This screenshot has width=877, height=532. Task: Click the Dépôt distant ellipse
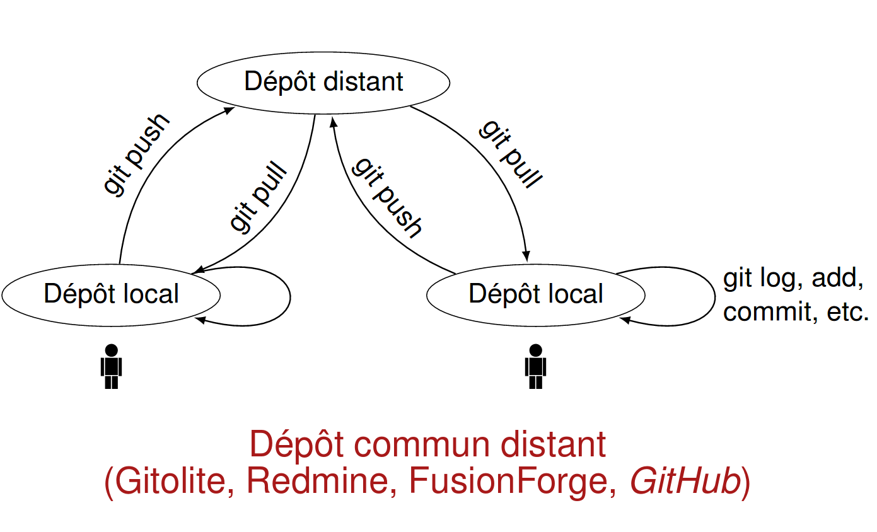tap(323, 83)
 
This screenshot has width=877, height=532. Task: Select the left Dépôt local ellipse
tap(111, 294)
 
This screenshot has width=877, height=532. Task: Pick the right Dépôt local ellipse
tap(536, 294)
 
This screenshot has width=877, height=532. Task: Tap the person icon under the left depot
tap(112, 366)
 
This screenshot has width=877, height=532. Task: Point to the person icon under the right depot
tap(536, 366)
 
